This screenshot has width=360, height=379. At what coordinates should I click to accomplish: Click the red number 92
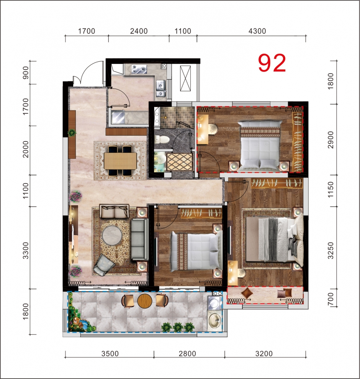(x=272, y=63)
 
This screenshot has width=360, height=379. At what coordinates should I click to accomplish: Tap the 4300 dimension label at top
(x=257, y=31)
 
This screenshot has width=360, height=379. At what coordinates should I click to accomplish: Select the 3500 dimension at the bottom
(x=110, y=354)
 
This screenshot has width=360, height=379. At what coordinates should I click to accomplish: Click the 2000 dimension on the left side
(x=25, y=149)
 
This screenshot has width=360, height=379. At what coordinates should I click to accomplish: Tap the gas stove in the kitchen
(x=139, y=69)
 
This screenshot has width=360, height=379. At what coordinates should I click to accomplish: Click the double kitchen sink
(x=161, y=89)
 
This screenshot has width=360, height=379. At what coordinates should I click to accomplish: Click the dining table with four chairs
(x=120, y=161)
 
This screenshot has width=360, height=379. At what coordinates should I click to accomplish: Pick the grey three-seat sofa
(x=140, y=239)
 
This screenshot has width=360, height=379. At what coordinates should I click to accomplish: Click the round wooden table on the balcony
(x=145, y=300)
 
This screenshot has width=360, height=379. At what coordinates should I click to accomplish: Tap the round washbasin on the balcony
(x=215, y=321)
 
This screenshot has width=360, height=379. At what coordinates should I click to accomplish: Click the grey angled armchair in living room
(x=104, y=265)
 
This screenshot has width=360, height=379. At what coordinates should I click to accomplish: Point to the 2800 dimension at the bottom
(x=187, y=354)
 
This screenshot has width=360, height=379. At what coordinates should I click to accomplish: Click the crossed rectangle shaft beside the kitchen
(x=185, y=79)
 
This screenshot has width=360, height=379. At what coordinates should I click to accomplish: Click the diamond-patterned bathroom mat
(x=180, y=162)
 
